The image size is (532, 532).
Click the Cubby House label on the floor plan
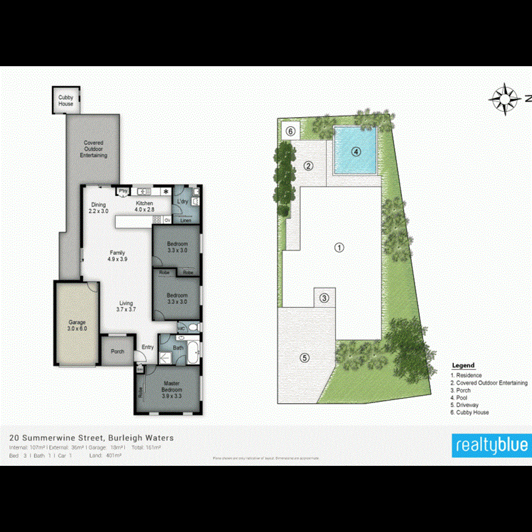pyautogui.click(x=66, y=101)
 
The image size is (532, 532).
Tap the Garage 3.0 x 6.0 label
pyautogui.click(x=77, y=325)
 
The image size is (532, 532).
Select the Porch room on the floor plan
pyautogui.click(x=118, y=351)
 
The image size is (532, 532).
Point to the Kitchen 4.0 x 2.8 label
pyautogui.click(x=144, y=206)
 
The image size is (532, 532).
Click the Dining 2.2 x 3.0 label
pyautogui.click(x=99, y=207)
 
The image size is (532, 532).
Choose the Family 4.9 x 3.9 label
pyautogui.click(x=117, y=255)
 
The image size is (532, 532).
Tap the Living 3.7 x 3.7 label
pyautogui.click(x=126, y=306)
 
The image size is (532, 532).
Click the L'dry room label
pyautogui.click(x=183, y=202)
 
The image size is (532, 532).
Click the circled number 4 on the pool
pyautogui.click(x=355, y=151)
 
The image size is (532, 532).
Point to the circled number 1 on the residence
pyautogui.click(x=339, y=247)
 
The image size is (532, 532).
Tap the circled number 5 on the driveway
pyautogui.click(x=304, y=357)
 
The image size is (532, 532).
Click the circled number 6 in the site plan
pyautogui.click(x=290, y=130)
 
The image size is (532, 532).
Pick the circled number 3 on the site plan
pyautogui.click(x=324, y=298)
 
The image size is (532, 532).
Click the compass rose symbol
pyautogui.click(x=504, y=99)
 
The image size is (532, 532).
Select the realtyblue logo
pyautogui.click(x=490, y=445)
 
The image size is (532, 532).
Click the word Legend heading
pyautogui.click(x=463, y=366)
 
